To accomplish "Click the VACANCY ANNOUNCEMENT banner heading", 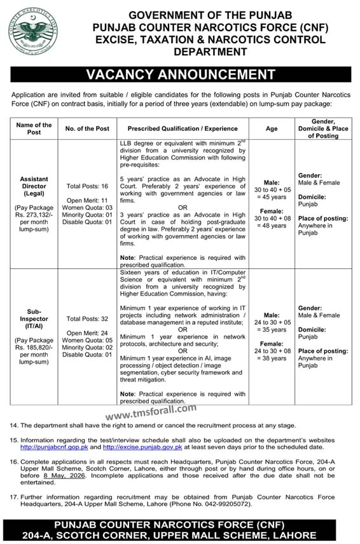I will tap(180, 74).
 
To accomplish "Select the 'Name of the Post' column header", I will tap(34, 129).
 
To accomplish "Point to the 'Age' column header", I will tap(272, 129).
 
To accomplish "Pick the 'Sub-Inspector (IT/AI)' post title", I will tap(34, 319).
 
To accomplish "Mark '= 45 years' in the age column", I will tap(272, 196).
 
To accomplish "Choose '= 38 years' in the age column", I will tap(272, 358).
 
